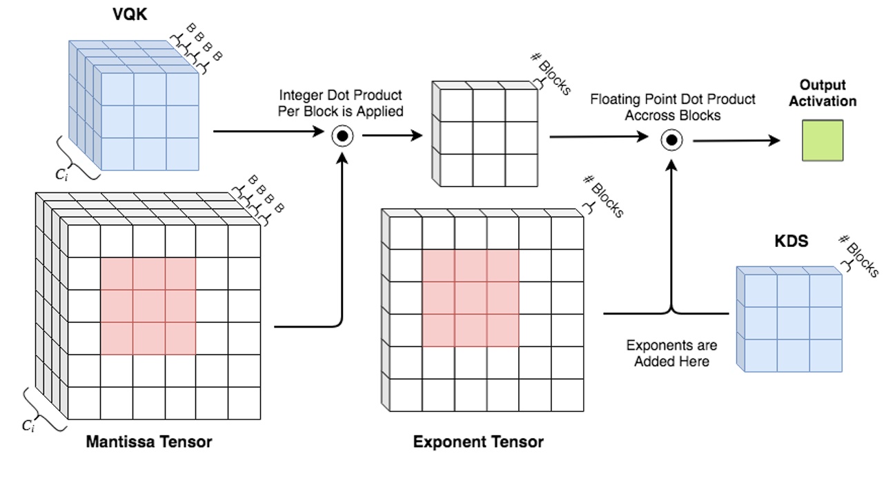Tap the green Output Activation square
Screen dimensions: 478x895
[822, 141]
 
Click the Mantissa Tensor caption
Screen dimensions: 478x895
[148, 441]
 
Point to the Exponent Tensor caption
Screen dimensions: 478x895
[478, 441]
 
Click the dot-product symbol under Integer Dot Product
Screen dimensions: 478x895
[342, 137]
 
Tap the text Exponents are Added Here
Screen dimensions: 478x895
[671, 353]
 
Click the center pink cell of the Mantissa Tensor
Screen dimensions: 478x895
[148, 306]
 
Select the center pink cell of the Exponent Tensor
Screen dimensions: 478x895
[470, 298]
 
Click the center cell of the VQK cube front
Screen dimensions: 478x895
[150, 121]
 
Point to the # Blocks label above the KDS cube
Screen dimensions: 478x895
[858, 256]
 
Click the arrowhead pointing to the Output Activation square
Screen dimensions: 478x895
[774, 141]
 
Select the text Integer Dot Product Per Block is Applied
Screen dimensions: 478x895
[341, 103]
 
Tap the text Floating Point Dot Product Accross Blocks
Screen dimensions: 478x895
[672, 108]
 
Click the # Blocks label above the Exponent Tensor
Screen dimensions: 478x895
[603, 197]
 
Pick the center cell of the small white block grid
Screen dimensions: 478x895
[489, 137]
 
